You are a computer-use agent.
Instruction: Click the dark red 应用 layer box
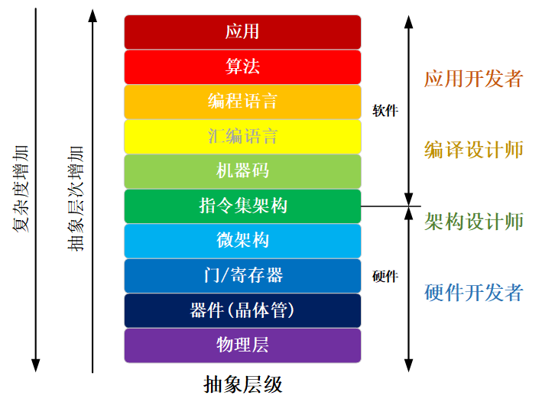(x=242, y=32)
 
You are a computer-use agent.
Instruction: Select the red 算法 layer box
(x=242, y=67)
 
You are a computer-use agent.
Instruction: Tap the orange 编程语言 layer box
(x=242, y=102)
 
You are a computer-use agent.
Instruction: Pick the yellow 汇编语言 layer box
(x=242, y=137)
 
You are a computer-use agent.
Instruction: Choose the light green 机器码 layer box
(x=242, y=171)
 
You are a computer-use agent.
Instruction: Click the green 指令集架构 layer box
(x=242, y=206)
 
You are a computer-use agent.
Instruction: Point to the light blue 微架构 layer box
(x=242, y=241)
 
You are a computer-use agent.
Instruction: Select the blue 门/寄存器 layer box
(x=242, y=276)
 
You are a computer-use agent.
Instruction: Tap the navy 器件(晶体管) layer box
(x=242, y=311)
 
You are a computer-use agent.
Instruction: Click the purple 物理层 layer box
(x=242, y=345)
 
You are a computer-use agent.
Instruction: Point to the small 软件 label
(x=385, y=111)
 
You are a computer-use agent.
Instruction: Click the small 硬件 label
(x=385, y=277)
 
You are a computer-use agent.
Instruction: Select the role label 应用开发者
(x=474, y=79)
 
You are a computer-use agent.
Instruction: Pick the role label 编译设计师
(x=474, y=149)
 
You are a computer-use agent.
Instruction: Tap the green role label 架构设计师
(x=474, y=221)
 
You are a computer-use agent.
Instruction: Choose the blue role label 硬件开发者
(x=474, y=292)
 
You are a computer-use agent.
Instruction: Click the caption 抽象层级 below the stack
(x=243, y=384)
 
